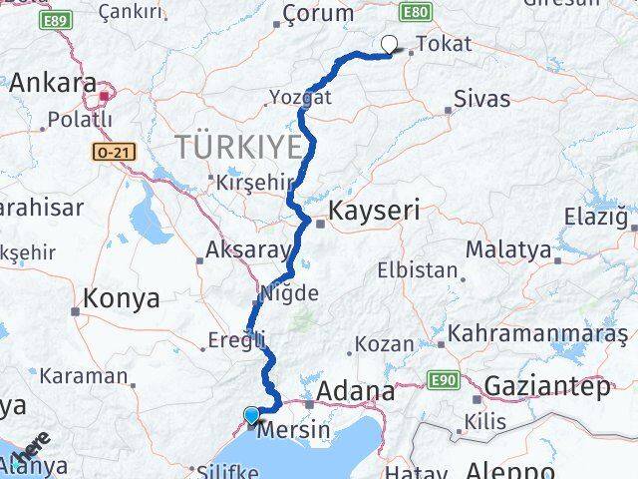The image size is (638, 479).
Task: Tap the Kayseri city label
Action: point(376,213)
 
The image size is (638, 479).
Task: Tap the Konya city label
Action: point(123,297)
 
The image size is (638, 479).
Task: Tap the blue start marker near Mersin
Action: point(250,416)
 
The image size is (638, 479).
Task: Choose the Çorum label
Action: point(318,13)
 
